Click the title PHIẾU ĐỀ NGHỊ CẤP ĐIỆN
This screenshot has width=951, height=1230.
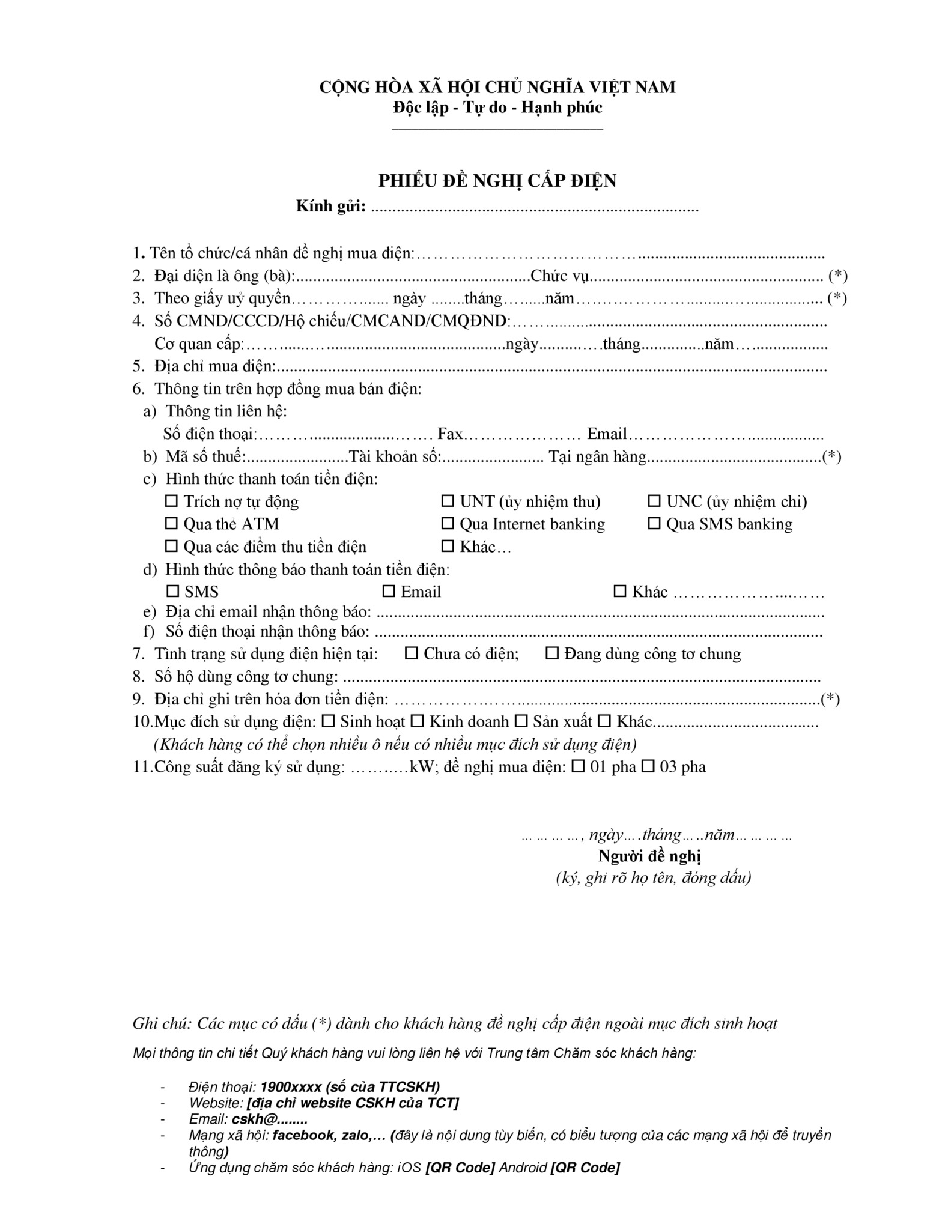coord(497,181)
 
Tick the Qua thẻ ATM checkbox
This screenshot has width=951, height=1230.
coord(172,523)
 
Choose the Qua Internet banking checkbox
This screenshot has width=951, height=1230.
coord(448,523)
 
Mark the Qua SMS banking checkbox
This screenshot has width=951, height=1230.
coord(654,523)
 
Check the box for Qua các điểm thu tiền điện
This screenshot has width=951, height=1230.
coord(172,546)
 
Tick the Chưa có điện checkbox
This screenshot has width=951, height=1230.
coord(412,653)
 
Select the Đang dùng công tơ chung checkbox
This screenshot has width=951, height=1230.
coord(551,653)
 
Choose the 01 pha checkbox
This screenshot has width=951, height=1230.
coord(578,766)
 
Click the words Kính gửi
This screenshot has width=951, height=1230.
coord(331,206)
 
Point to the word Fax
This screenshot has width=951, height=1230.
coord(450,434)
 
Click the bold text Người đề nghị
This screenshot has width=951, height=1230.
coord(650,856)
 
